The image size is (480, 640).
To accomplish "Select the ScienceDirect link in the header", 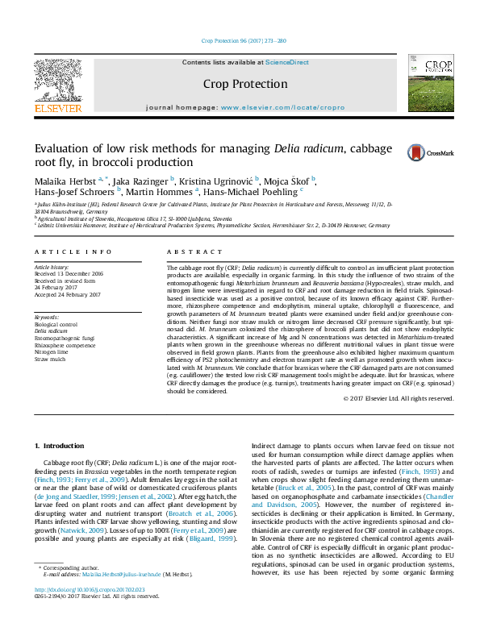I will [288, 62].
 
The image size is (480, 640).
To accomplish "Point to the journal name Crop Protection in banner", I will [244, 84].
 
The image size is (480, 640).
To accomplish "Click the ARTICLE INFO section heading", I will [73, 251].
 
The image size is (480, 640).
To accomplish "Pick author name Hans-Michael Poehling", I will [250, 192].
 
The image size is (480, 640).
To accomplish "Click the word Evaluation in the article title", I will [55, 149].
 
